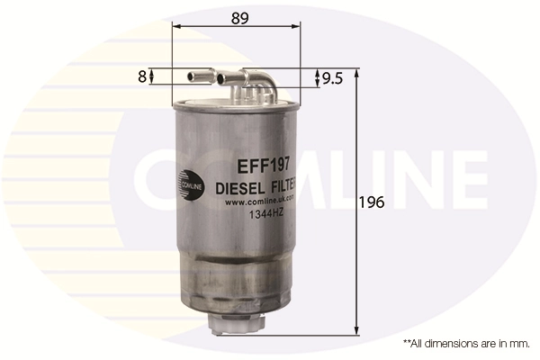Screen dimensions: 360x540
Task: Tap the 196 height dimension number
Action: [x=373, y=202]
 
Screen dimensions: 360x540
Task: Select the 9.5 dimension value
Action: [x=333, y=78]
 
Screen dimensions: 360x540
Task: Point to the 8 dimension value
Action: [x=141, y=77]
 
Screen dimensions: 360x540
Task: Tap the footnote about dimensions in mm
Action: [x=466, y=344]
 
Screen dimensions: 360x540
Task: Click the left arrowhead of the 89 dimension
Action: [x=176, y=25]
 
